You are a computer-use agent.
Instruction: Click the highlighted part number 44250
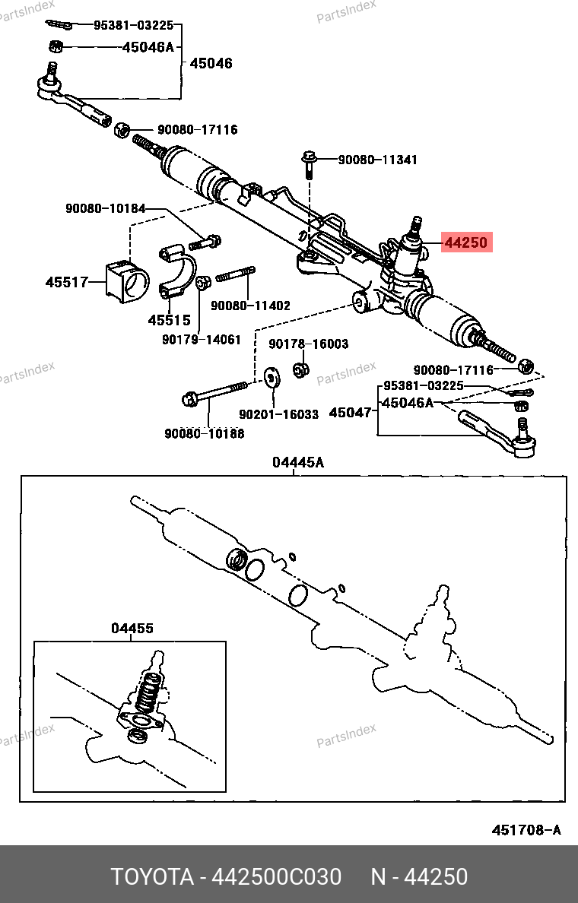tap(467, 243)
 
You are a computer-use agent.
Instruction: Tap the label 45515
tap(169, 320)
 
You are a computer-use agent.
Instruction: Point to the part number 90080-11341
tap(377, 160)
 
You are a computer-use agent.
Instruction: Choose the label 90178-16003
tap(308, 344)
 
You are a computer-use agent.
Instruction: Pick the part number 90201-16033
tap(278, 414)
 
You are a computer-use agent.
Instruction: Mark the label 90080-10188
tap(204, 433)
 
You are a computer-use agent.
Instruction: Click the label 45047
tap(350, 413)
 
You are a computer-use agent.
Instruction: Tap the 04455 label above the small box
tap(132, 629)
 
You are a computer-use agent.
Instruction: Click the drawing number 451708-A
tap(526, 830)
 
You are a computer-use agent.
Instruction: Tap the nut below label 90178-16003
tap(300, 370)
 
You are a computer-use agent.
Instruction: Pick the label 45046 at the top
tap(211, 64)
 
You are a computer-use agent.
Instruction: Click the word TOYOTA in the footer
tap(152, 876)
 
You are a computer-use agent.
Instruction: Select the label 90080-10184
tap(104, 209)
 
